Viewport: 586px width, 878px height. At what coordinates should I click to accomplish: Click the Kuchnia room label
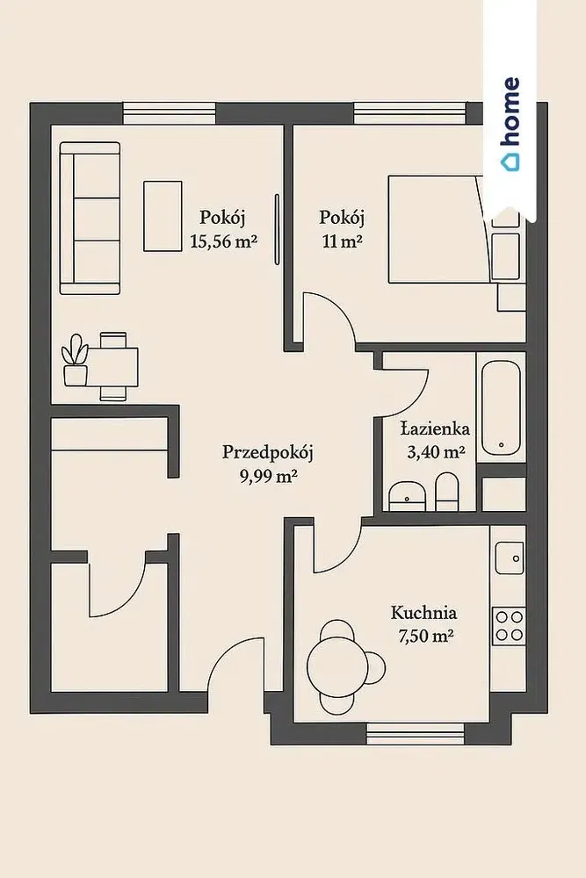point(423,613)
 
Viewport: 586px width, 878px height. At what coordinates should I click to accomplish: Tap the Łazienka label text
point(435,429)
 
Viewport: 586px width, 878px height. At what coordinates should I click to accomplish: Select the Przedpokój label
point(267,452)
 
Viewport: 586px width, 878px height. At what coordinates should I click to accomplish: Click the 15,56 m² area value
point(223,242)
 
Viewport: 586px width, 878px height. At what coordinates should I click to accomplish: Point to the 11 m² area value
point(342,242)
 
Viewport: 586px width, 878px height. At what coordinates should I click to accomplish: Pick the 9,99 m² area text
point(268,477)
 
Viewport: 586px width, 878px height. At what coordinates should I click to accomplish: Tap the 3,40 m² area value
point(436,452)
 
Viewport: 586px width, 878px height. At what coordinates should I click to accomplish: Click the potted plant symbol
point(75,360)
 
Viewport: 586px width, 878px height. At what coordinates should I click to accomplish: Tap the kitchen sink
point(510,558)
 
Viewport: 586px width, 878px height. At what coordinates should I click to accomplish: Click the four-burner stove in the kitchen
point(510,626)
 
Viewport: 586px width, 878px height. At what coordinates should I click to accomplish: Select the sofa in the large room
point(90,219)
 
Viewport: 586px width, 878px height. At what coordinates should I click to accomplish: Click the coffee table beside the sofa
point(163,216)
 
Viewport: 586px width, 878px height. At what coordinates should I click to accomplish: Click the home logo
point(510,123)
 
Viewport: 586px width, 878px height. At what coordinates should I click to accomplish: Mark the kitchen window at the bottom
point(416,733)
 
